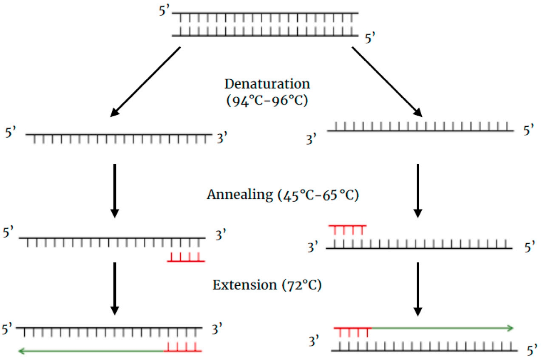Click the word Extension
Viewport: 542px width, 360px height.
tap(244, 284)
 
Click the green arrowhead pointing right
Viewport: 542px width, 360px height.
tap(510, 328)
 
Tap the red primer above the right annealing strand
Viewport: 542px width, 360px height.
tap(347, 229)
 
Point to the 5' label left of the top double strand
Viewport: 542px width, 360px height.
tap(164, 11)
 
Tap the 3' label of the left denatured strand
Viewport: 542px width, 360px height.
tap(223, 139)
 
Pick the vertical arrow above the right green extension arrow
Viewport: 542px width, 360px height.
tap(418, 289)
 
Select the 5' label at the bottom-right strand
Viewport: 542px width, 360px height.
tap(530, 351)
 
